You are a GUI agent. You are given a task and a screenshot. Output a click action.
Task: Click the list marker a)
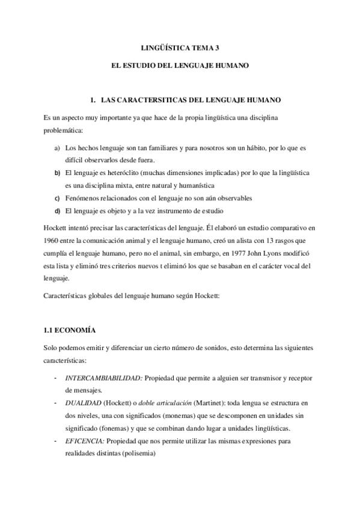(57, 148)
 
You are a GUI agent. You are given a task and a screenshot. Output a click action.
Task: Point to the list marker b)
(58, 173)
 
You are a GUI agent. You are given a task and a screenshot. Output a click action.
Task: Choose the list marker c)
(57, 198)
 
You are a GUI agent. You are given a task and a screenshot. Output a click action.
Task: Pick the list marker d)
(58, 211)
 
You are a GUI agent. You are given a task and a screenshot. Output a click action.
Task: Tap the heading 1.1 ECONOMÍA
(70, 331)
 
